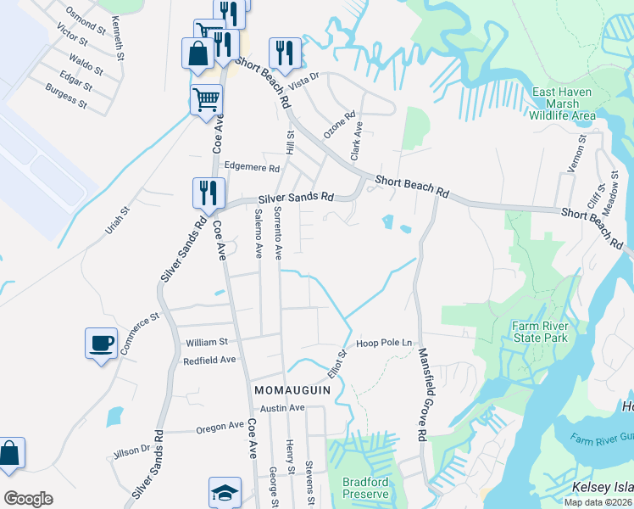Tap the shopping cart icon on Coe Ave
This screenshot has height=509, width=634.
pos(207,100)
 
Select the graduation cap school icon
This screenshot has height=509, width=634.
pos(225,492)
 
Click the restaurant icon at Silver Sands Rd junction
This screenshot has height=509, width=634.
pos(207,193)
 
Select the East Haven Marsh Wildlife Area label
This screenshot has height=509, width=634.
pos(564,103)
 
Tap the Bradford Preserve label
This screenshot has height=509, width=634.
pos(365,488)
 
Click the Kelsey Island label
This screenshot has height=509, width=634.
pos(603,487)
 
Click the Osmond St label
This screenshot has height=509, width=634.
pos(86,17)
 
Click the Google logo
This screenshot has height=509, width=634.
pos(28,499)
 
